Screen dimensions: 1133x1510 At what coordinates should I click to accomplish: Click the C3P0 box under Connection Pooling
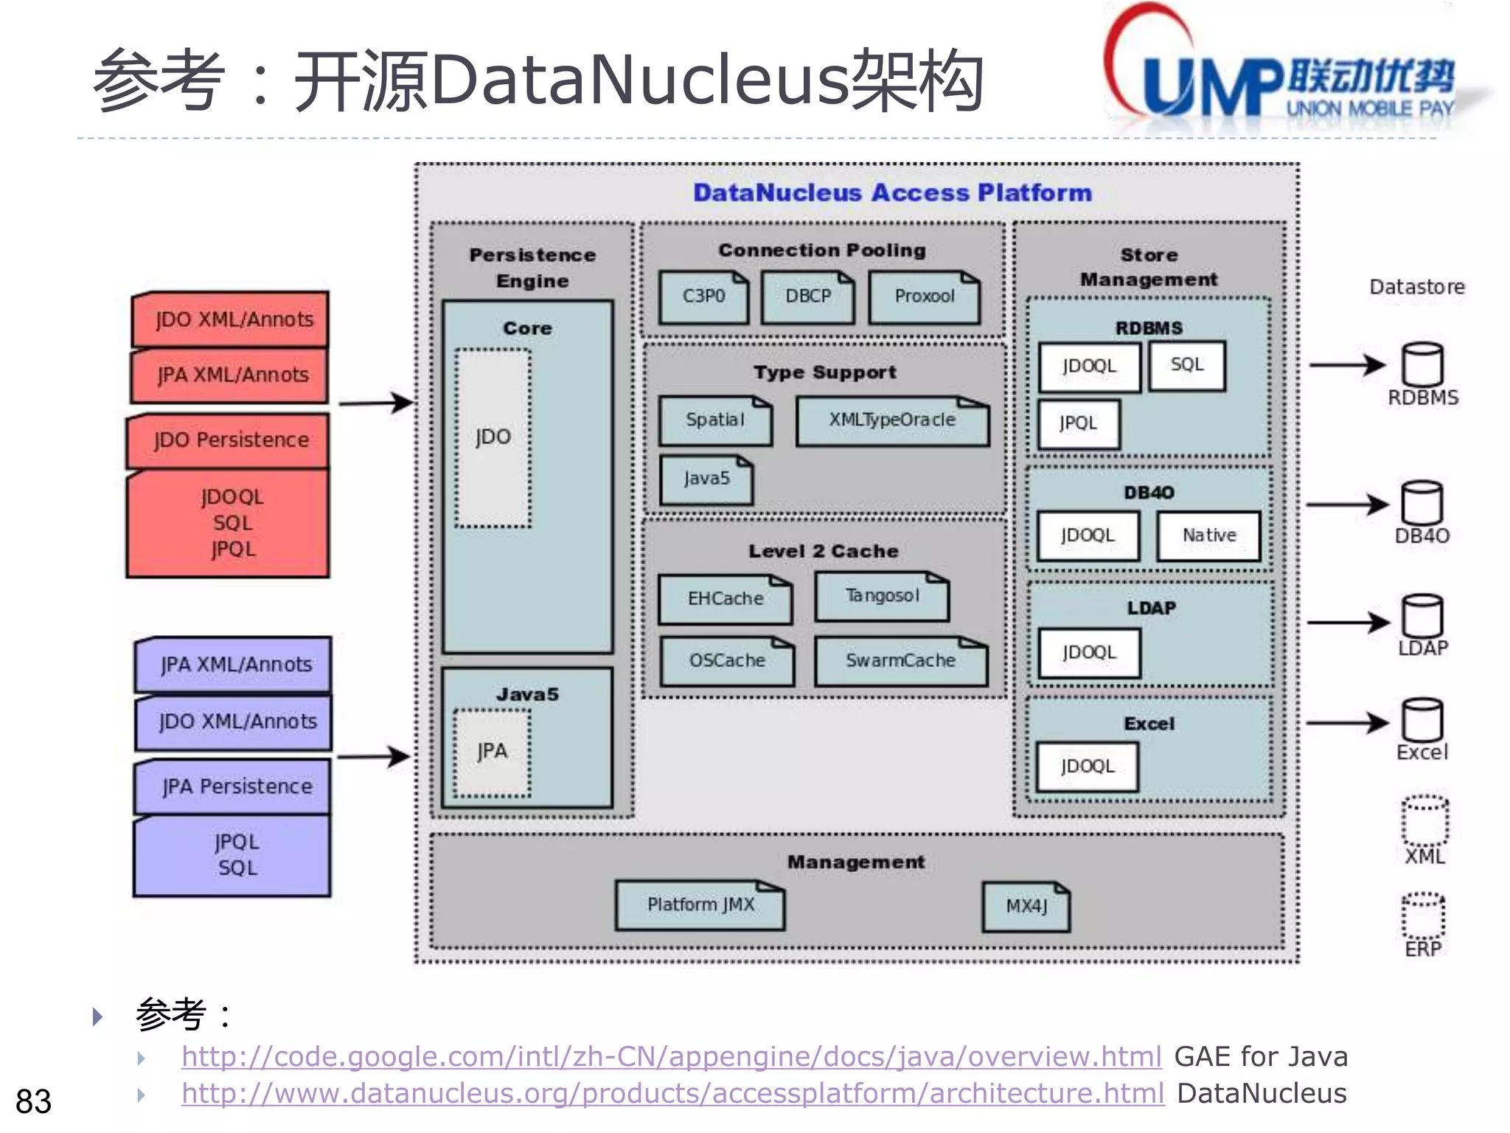pyautogui.click(x=703, y=297)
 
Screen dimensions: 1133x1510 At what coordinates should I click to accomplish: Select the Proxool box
pyautogui.click(x=924, y=297)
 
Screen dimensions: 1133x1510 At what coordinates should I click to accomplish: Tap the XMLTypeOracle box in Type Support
pyautogui.click(x=892, y=421)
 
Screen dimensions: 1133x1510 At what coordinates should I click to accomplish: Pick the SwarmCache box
pyautogui.click(x=900, y=661)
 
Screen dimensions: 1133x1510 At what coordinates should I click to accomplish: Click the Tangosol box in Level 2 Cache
pyautogui.click(x=882, y=597)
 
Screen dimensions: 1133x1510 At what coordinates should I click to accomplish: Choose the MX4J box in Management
pyautogui.click(x=1026, y=907)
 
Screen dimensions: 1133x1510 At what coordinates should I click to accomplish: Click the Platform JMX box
pyautogui.click(x=700, y=905)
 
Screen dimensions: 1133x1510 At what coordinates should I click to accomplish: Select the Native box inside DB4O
pyautogui.click(x=1208, y=536)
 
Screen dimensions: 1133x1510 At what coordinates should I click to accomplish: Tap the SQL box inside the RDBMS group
pyautogui.click(x=1186, y=366)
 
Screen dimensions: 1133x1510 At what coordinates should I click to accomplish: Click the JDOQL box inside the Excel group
pyautogui.click(x=1087, y=767)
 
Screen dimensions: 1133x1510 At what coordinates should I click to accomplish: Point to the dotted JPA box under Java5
pyautogui.click(x=492, y=752)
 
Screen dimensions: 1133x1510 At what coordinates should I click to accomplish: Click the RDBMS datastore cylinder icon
pyautogui.click(x=1422, y=365)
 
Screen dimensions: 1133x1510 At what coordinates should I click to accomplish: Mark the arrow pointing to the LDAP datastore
pyautogui.click(x=1347, y=623)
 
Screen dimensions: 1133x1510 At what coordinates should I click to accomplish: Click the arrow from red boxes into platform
pyautogui.click(x=376, y=403)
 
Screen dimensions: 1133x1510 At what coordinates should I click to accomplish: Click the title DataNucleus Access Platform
pyautogui.click(x=892, y=193)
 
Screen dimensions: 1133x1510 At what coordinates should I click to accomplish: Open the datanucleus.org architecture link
pyautogui.click(x=672, y=1094)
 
